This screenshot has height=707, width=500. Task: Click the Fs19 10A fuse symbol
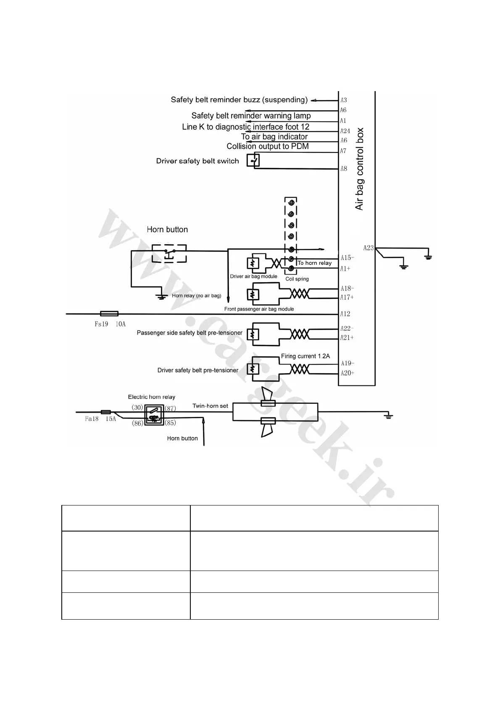tap(109, 314)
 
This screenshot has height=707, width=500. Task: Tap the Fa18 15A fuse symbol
tap(106, 412)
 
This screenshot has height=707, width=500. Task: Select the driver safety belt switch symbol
tap(253, 161)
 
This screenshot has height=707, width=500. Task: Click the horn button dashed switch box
tap(169, 253)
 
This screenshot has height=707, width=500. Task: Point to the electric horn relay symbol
tap(154, 415)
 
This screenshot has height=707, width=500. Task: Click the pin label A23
tap(368, 248)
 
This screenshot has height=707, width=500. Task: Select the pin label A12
tap(345, 314)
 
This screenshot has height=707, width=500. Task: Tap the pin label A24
tap(345, 131)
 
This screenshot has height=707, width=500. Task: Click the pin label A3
tap(344, 100)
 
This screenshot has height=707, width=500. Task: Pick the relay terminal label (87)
tap(170, 408)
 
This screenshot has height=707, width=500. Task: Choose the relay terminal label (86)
tap(137, 423)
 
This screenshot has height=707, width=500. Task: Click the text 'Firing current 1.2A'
tap(305, 356)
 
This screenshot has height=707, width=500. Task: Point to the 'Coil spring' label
tap(297, 279)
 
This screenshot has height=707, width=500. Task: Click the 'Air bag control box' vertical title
tap(359, 169)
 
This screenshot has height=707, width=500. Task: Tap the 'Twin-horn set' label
tap(210, 406)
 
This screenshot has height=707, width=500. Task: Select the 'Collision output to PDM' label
tap(268, 147)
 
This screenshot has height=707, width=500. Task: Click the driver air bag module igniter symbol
tap(253, 263)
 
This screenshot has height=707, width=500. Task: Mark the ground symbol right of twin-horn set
tap(389, 416)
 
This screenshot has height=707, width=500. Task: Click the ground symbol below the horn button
tap(160, 296)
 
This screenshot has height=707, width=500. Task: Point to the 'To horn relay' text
tap(315, 263)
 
